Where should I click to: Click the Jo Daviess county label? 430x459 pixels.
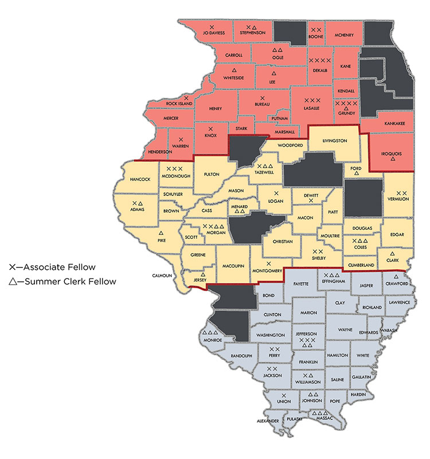pyautogui.click(x=212, y=34)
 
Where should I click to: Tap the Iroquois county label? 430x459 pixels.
pyautogui.click(x=392, y=153)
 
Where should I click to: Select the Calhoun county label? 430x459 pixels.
pyautogui.click(x=162, y=275)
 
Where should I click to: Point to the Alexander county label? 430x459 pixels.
pyautogui.click(x=268, y=421)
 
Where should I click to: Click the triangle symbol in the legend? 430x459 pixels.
pyautogui.click(x=13, y=281)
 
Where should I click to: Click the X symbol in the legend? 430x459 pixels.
pyautogui.click(x=13, y=267)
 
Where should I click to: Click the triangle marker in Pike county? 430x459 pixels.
pyautogui.click(x=161, y=233)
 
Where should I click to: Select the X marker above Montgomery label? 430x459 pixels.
pyautogui.click(x=269, y=264)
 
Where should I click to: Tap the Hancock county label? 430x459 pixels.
pyautogui.click(x=140, y=179)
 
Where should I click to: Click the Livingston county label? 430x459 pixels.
pyautogui.click(x=335, y=139)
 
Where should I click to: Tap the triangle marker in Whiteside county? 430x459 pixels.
pyautogui.click(x=233, y=69)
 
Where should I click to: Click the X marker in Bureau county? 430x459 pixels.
pyautogui.click(x=262, y=99)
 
